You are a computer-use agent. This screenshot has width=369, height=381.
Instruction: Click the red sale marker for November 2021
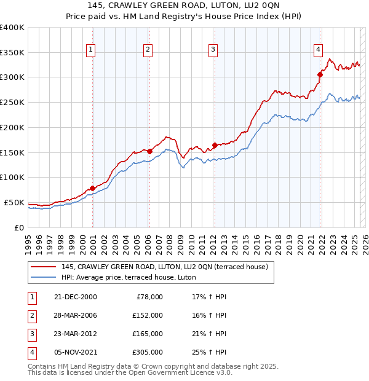(320, 74)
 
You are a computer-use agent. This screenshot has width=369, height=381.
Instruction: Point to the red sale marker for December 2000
(92, 188)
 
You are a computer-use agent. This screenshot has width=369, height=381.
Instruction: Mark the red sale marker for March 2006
(149, 151)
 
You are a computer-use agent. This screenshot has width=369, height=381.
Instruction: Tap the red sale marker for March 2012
(215, 145)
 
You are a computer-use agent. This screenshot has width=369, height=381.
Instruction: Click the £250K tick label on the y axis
(12, 103)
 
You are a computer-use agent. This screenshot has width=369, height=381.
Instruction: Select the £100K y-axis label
(12, 178)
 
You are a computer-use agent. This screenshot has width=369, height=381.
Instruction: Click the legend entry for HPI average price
(129, 277)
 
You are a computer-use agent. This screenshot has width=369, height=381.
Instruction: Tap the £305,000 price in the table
(148, 352)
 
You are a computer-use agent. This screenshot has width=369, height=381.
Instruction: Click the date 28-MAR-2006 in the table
(76, 315)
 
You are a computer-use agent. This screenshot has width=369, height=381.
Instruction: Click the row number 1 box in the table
(31, 297)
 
